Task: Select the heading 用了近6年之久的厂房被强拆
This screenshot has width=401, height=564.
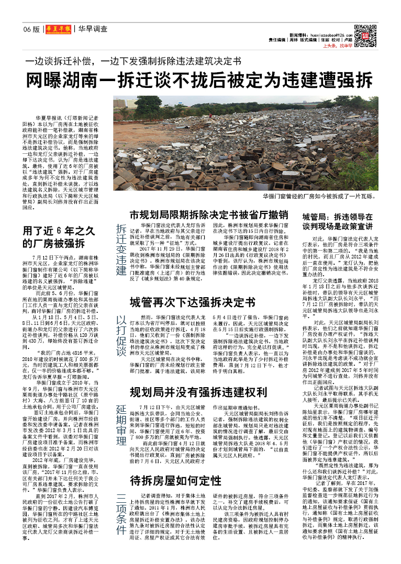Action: coord(54,237)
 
